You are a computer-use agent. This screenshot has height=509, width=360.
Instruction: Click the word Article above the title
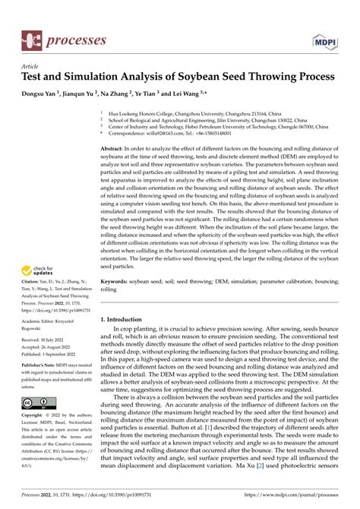click(x=34, y=67)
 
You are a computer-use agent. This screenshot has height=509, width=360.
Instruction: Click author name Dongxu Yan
click(x=43, y=96)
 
